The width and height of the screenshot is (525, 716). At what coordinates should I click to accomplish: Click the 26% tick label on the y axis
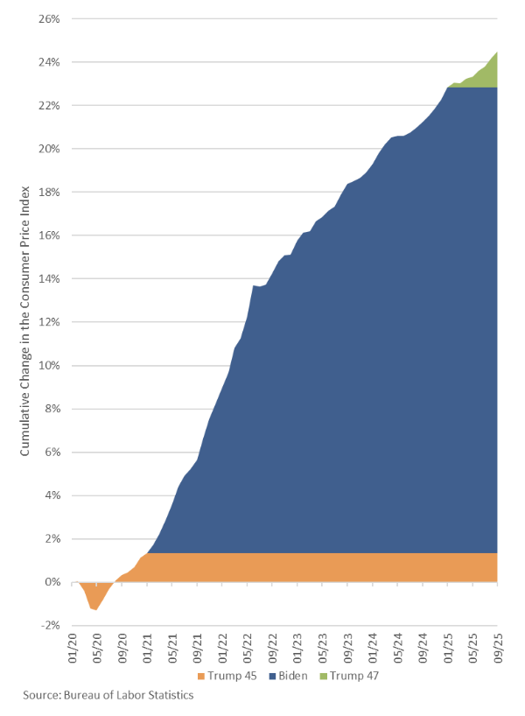coord(48,18)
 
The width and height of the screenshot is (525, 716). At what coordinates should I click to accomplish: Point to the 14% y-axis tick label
coord(48,278)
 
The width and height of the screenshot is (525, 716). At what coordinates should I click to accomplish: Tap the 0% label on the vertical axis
coord(51,582)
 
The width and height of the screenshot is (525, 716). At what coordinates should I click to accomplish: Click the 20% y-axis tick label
coord(48,149)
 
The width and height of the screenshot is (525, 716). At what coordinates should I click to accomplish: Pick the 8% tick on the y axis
coord(51,409)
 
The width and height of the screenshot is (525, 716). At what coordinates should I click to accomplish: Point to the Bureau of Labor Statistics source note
coord(108,695)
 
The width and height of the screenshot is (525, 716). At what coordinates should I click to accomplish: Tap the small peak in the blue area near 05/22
coord(254,286)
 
